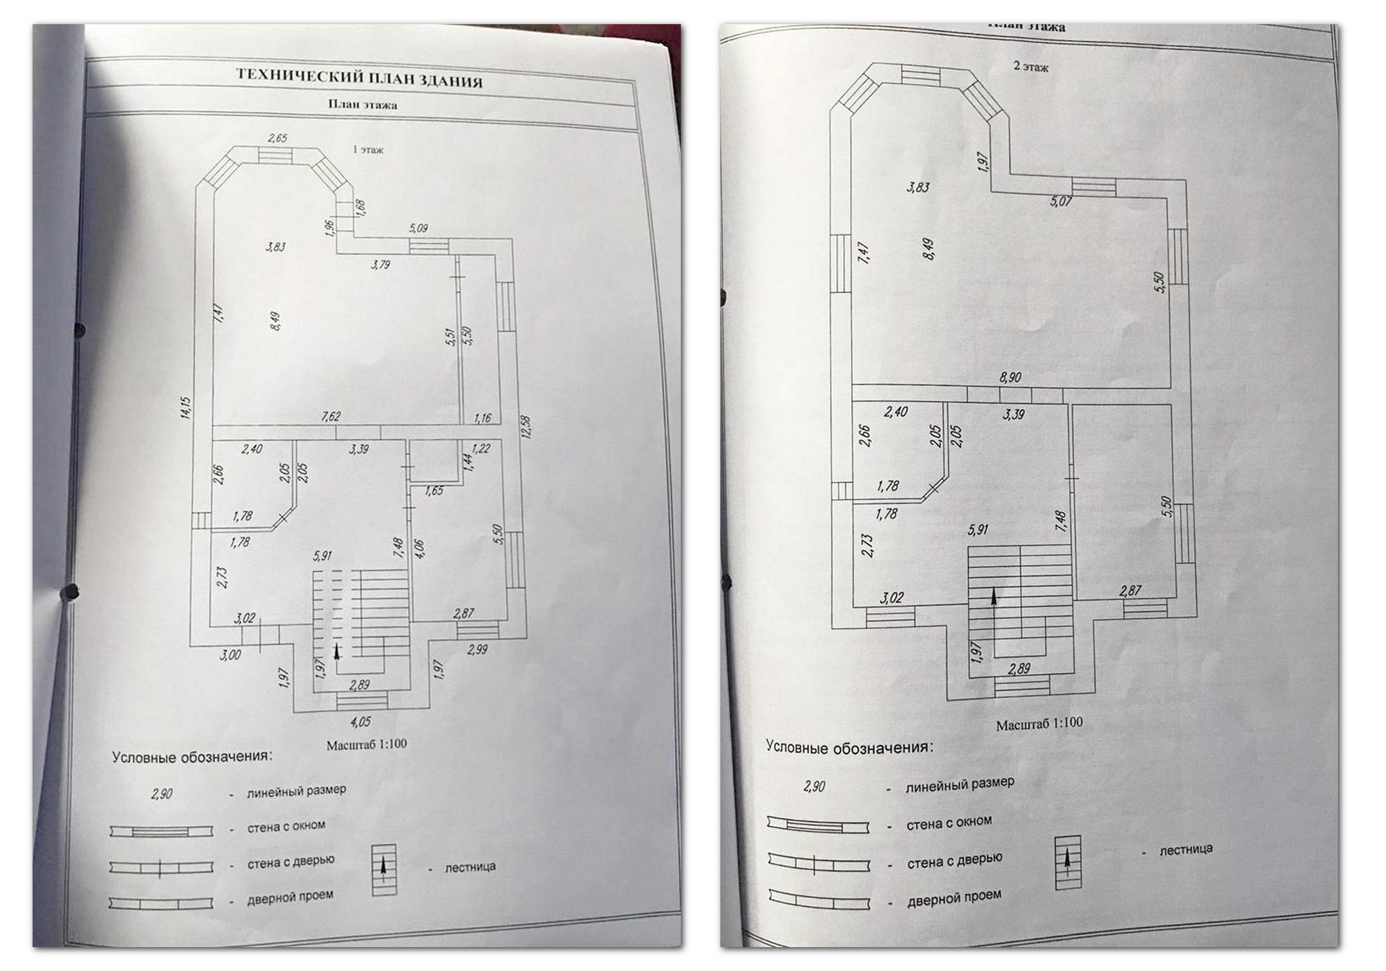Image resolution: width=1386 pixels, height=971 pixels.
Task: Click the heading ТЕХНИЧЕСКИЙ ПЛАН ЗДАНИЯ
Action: [359, 77]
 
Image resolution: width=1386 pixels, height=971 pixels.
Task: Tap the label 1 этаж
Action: [368, 150]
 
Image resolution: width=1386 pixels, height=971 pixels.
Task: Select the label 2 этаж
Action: [1031, 66]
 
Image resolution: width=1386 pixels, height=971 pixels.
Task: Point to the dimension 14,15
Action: [186, 408]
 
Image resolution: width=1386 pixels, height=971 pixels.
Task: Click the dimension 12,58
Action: [526, 426]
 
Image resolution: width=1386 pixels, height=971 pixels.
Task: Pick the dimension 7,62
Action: [331, 416]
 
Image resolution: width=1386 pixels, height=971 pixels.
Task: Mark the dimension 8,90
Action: [1010, 377]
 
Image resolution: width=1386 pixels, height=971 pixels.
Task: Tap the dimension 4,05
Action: [360, 721]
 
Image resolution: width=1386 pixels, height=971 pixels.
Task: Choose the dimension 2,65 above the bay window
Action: [277, 138]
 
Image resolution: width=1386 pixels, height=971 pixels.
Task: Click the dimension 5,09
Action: [419, 228]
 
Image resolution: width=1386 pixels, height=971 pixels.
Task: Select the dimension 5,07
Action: [1060, 201]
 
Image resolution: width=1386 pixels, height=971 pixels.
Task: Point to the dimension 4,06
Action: [419, 549]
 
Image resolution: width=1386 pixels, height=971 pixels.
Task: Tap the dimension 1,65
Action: [434, 491]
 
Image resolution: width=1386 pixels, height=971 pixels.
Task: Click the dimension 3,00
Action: [230, 654]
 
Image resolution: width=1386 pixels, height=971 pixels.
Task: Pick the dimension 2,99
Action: [477, 649]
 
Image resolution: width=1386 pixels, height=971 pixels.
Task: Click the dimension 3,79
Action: [380, 265]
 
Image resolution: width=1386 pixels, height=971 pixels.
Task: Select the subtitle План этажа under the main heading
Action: [362, 105]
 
